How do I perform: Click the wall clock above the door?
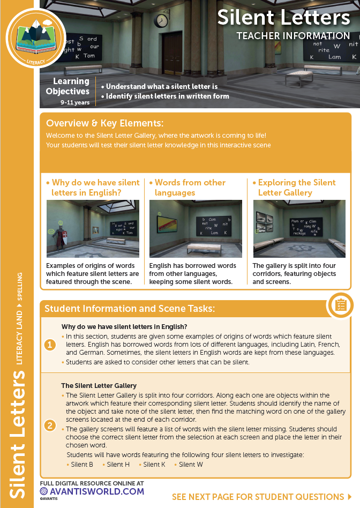tap(161, 20)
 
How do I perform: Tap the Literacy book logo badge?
tap(35, 38)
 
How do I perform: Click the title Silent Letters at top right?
tap(283, 18)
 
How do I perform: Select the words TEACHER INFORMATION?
tap(293, 36)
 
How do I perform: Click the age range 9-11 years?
tap(75, 102)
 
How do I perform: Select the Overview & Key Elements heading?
tap(104, 123)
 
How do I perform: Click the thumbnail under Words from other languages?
tap(196, 229)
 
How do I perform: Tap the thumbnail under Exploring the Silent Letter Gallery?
tap(299, 229)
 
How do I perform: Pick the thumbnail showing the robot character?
tap(93, 229)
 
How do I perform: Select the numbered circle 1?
tap(50, 345)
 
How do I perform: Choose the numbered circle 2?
tap(50, 426)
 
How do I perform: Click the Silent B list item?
tap(82, 464)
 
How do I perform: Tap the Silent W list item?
tap(191, 464)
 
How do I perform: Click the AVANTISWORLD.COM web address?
tap(93, 491)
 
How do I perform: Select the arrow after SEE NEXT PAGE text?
tap(350, 497)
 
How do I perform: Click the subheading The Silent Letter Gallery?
tap(99, 385)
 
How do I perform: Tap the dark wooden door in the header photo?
tap(172, 52)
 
